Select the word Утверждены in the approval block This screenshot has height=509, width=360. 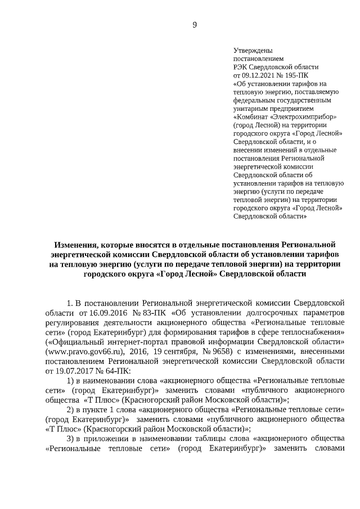[250, 51]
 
